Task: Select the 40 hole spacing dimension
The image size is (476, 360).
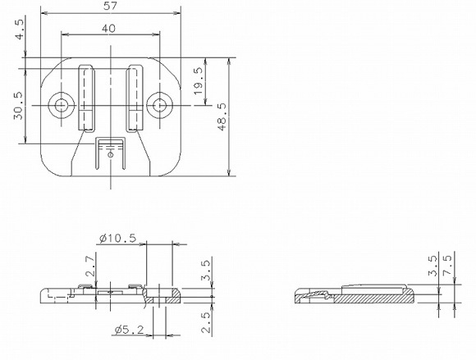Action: click(x=109, y=28)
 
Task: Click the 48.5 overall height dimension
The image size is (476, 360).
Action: click(x=222, y=116)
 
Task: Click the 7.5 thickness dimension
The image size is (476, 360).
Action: click(x=448, y=268)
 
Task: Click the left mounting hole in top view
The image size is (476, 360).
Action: click(x=60, y=104)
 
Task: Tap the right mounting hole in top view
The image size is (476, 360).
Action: click(x=160, y=104)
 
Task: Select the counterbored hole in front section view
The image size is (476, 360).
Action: click(x=158, y=295)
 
